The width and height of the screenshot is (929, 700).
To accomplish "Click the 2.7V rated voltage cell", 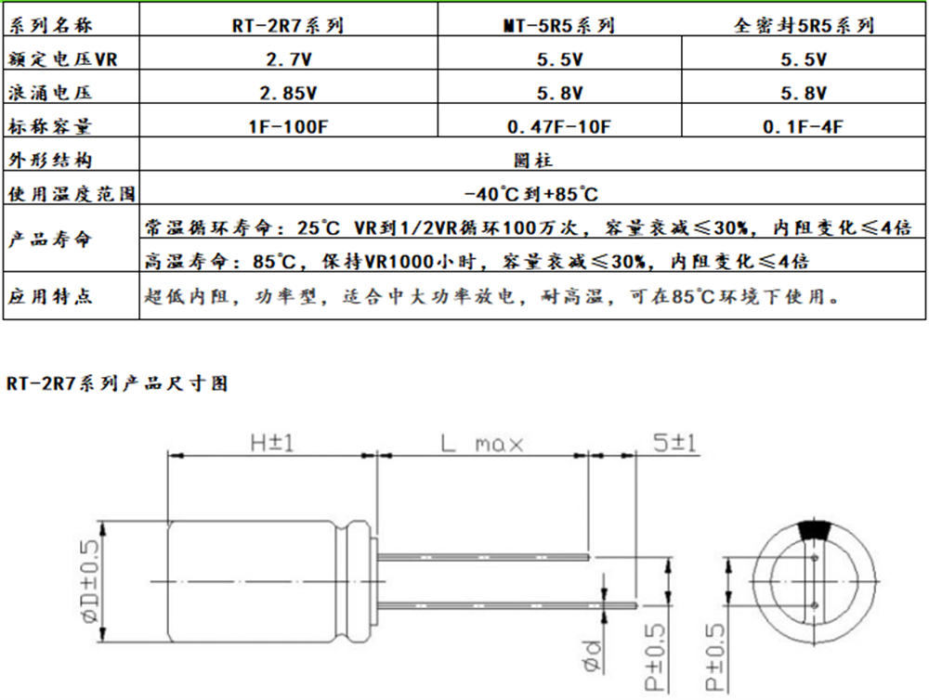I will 288,59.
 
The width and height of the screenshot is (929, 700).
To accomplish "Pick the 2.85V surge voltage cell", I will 288,93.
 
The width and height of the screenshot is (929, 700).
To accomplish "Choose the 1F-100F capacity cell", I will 288,126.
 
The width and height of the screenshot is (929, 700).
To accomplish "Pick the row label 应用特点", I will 50,298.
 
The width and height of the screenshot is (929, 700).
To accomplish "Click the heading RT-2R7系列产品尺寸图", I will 117,382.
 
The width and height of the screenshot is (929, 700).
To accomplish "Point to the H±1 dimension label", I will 271,443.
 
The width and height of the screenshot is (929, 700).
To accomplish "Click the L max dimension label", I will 481,443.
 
